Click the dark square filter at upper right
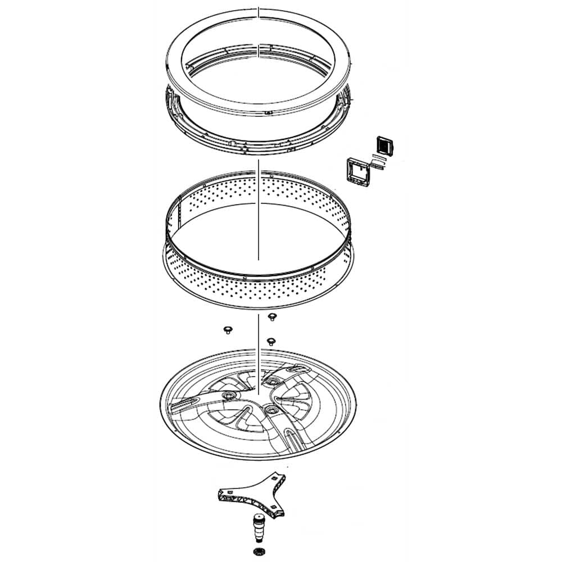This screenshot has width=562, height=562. point(382,145)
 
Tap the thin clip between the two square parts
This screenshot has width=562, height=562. point(378,161)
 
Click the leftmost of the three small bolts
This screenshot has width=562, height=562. point(228,328)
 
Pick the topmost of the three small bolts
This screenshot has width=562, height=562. point(272,318)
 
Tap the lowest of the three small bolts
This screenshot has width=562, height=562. point(271,341)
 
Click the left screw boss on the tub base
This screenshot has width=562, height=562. point(229,397)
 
